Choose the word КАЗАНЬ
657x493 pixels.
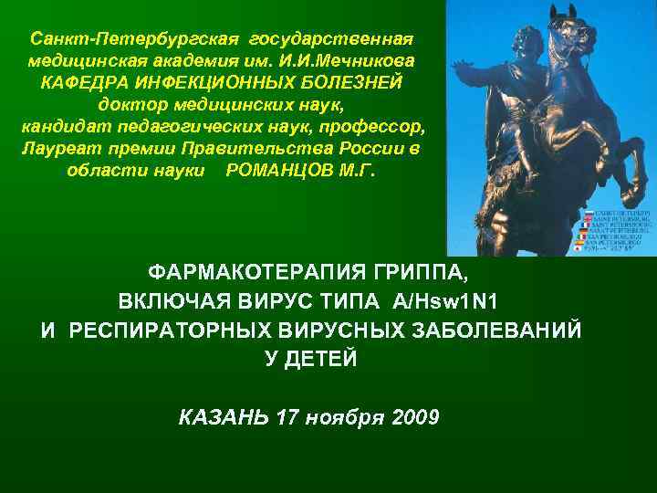pos(224,417)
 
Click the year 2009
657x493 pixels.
pos(414,417)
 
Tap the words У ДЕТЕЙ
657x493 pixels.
pos(311,358)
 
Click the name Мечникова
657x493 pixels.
pos(365,60)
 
